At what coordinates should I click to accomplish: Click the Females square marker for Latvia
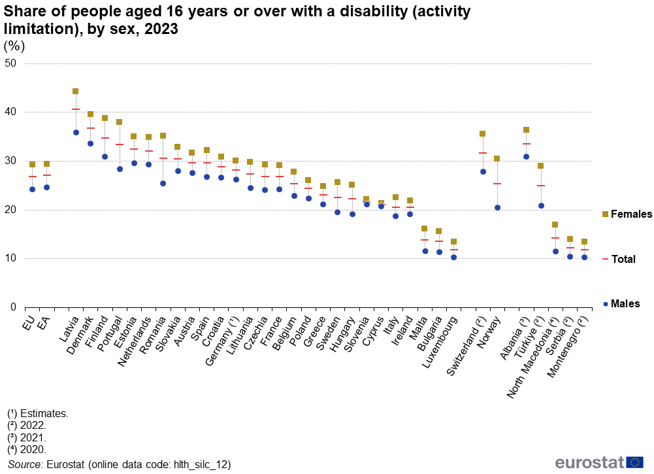tap(76, 92)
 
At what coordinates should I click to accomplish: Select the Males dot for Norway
tap(497, 208)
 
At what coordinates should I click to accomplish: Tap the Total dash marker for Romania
tap(163, 158)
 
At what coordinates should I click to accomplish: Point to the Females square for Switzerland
tap(483, 134)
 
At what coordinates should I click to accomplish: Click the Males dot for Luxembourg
tap(453, 258)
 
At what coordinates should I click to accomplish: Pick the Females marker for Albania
tap(526, 130)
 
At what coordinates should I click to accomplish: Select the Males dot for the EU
tap(32, 190)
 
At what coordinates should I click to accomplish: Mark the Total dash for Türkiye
tap(540, 186)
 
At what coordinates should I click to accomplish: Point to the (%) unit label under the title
tap(14, 46)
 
